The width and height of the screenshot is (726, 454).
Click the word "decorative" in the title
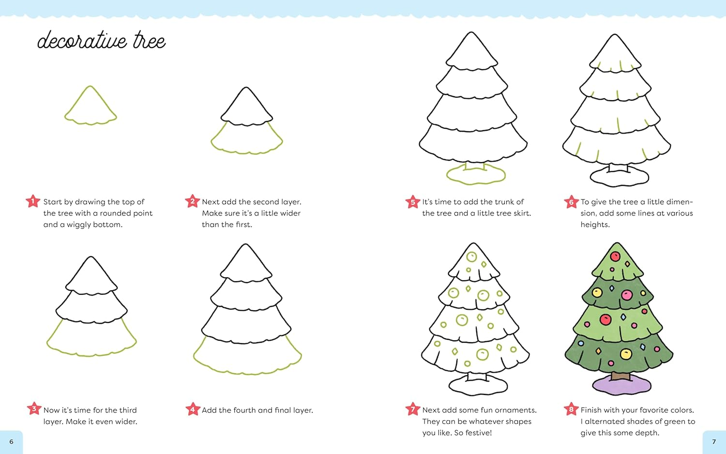click(x=82, y=41)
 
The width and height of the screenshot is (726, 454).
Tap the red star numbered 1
click(x=33, y=201)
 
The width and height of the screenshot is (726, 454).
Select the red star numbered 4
click(x=192, y=409)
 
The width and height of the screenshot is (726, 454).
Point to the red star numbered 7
click(x=412, y=409)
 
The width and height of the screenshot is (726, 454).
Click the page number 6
click(x=11, y=441)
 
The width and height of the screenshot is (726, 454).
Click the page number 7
click(x=714, y=441)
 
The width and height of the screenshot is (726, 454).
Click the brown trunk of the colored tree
click(x=620, y=376)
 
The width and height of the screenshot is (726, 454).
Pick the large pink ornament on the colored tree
click(x=627, y=295)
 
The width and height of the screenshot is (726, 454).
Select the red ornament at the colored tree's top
click(x=615, y=256)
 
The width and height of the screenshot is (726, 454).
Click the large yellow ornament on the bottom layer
click(x=626, y=354)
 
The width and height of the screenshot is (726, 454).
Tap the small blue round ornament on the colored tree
click(x=581, y=344)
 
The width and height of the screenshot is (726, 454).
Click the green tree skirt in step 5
click(x=475, y=175)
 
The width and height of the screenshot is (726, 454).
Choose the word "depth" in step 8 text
click(x=648, y=433)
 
